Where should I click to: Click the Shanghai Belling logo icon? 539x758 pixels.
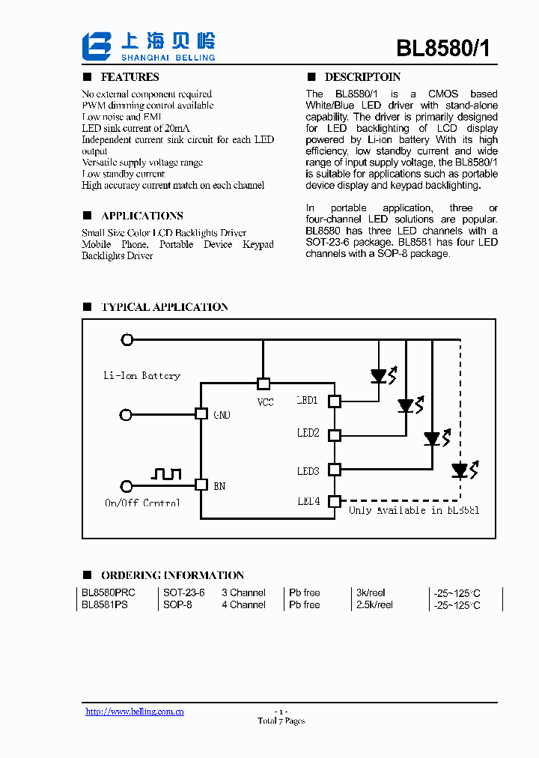(x=96, y=46)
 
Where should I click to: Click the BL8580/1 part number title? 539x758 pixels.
(x=443, y=48)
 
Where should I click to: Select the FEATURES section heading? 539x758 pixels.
(x=130, y=77)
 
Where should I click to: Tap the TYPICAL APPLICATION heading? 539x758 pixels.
(x=164, y=307)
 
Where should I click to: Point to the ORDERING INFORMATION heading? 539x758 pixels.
(x=172, y=575)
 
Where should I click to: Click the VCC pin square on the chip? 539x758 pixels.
(x=264, y=383)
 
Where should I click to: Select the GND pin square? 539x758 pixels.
(x=201, y=413)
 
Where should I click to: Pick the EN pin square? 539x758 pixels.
(x=201, y=485)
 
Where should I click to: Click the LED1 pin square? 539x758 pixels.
(x=335, y=401)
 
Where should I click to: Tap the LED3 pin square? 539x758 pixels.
(x=335, y=470)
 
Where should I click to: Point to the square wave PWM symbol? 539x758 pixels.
(x=166, y=473)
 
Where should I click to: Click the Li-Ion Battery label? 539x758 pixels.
(x=141, y=375)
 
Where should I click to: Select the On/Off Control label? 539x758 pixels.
(x=142, y=503)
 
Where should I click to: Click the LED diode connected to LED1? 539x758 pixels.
(x=380, y=375)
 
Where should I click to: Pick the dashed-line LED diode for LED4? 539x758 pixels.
(x=460, y=470)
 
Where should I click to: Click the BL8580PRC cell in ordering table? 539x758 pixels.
(x=109, y=592)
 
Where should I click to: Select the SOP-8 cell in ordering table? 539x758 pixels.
(x=177, y=604)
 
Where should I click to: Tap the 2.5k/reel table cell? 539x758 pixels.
(x=374, y=604)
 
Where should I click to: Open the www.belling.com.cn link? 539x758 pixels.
(x=135, y=712)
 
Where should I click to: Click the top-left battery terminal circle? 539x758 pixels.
(x=127, y=339)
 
